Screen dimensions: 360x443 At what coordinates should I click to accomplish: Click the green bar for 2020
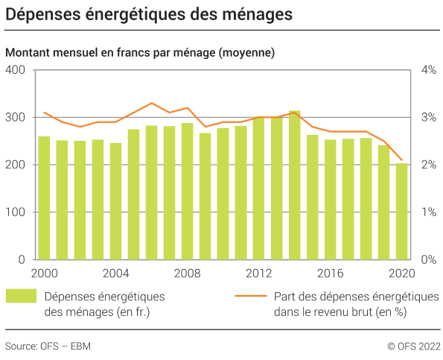coord(401,212)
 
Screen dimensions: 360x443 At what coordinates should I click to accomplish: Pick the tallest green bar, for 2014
coord(294,186)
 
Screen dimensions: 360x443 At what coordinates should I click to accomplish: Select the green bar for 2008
coord(187,192)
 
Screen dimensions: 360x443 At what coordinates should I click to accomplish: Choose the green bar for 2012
coord(258,189)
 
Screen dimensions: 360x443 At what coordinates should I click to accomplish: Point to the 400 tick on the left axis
coord(16,70)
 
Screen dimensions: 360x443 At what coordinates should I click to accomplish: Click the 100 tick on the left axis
coord(16,212)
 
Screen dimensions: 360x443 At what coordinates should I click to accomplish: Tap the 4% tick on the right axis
coord(428,70)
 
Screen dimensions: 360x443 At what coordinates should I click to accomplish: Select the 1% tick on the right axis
coord(428,212)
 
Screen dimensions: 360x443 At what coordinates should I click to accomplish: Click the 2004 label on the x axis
coord(115,273)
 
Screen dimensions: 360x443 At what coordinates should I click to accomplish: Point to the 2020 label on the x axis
coord(401,273)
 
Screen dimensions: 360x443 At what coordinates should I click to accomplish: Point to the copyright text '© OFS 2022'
coord(413,346)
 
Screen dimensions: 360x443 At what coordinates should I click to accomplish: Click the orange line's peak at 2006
coord(151,103)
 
